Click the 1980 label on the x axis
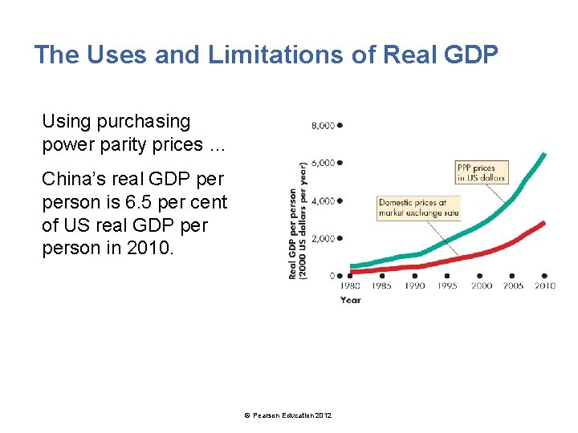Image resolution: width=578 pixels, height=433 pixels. point(350,285)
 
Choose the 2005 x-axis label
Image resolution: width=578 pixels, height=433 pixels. point(512,285)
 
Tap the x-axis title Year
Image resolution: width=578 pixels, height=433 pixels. point(350,300)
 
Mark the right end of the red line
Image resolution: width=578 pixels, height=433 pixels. point(544,222)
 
